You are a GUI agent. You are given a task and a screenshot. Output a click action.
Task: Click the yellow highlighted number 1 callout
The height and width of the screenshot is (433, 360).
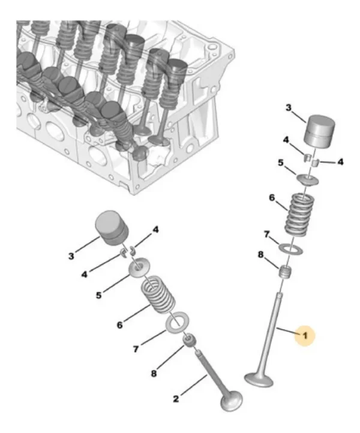coord(304,336)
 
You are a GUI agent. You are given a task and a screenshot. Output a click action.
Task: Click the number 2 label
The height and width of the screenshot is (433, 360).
coord(176,398)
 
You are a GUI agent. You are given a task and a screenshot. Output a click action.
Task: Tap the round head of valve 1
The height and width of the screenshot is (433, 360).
coord(260,379)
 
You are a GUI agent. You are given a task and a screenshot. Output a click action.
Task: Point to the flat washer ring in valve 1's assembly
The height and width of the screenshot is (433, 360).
coord(292,247)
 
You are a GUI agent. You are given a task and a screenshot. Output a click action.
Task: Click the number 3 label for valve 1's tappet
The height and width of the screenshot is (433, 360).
coord(288,108)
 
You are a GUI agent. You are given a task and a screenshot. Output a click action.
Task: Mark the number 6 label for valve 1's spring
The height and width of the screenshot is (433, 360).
coord(271,197)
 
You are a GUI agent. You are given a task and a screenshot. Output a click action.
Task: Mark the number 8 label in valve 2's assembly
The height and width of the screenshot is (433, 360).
coord(154,373)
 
